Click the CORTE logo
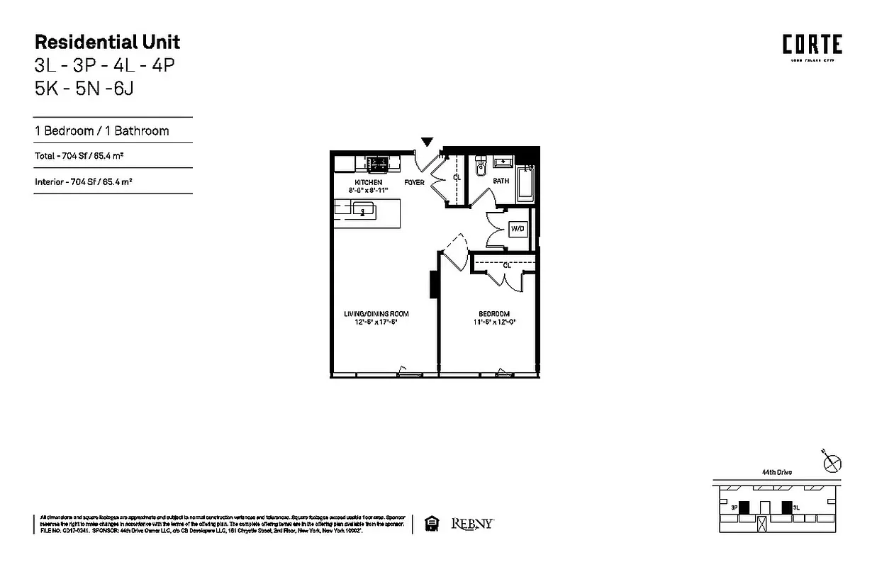812,45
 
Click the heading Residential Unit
107,42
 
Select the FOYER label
414,183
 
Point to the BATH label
501,181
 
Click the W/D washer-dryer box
518,230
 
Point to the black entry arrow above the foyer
427,142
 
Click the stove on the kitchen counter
376,164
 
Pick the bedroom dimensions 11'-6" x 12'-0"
493,322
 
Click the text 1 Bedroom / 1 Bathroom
102,130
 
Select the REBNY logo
472,524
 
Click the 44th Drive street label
776,472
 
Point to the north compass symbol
832,464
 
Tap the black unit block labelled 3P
744,507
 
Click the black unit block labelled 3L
786,507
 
